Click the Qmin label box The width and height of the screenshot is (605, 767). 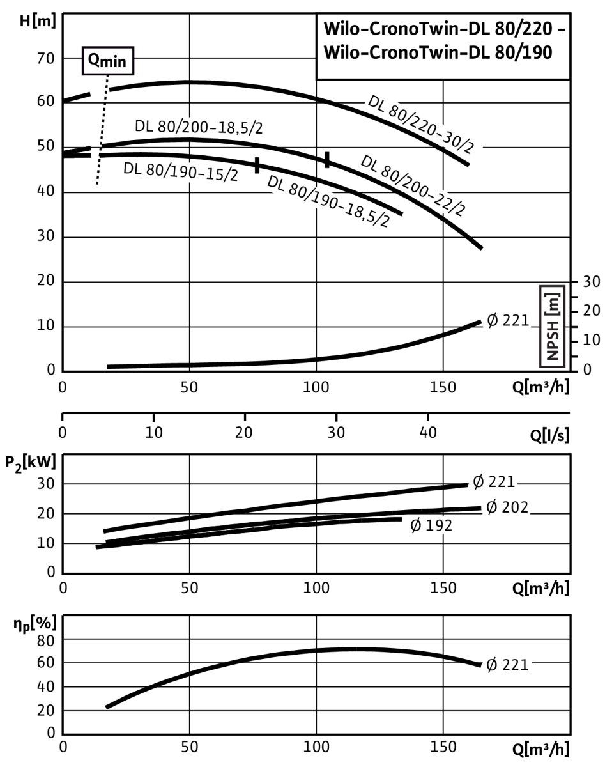click(108, 61)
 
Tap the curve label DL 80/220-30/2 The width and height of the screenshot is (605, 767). click(421, 125)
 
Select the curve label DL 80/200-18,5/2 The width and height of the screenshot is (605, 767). click(199, 127)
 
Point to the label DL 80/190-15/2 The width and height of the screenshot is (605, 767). click(181, 172)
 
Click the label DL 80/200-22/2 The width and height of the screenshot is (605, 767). click(413, 186)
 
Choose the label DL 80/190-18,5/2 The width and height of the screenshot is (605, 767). click(328, 201)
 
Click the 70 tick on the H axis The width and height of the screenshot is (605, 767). click(45, 58)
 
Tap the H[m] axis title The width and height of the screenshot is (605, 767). click(38, 21)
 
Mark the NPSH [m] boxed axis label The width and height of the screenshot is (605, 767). click(552, 326)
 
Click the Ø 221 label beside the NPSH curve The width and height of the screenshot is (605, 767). click(508, 320)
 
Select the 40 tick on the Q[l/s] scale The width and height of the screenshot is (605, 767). click(428, 433)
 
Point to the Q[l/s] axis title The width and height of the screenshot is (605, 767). click(549, 435)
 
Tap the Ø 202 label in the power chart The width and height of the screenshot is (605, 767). click(507, 507)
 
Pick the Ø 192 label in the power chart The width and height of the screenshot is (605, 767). click(431, 525)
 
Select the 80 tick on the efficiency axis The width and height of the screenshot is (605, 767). click(46, 642)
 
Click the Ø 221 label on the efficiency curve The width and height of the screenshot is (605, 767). click(507, 665)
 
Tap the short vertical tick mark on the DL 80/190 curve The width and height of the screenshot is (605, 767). click(257, 166)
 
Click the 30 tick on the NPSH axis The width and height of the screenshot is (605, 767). click(592, 282)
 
